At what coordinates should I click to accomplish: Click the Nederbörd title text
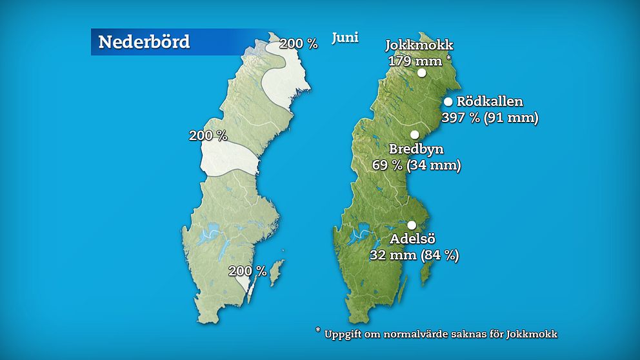[x=144, y=42]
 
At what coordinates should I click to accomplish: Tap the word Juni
[x=345, y=37]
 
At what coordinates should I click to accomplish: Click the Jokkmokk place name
[x=419, y=46]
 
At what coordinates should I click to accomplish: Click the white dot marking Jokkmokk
[x=422, y=73]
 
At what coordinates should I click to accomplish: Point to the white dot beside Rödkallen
[x=448, y=101]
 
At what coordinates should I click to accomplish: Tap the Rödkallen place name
[x=490, y=101]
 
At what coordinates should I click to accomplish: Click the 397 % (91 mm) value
[x=490, y=117]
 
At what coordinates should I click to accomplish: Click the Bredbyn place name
[x=416, y=150]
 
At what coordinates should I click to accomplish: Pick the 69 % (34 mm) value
[x=416, y=165]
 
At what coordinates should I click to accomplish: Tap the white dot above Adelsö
[x=412, y=225]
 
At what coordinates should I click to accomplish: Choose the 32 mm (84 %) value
[x=414, y=255]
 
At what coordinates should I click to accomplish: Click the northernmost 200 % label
[x=299, y=44]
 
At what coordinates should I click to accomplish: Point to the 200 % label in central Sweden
[x=208, y=135]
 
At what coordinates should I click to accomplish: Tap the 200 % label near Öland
[x=247, y=271]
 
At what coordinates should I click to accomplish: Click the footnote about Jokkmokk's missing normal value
[x=436, y=334]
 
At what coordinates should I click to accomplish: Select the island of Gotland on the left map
[x=276, y=273]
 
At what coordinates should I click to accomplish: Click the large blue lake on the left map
[x=207, y=236]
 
